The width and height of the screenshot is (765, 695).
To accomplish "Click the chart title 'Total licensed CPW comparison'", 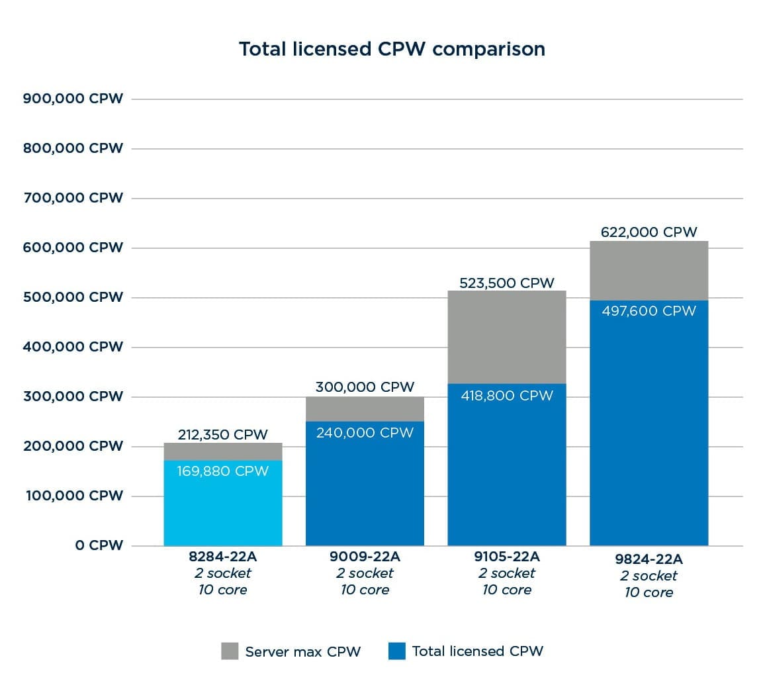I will (x=392, y=50).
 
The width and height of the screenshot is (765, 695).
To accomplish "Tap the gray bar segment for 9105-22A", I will (x=507, y=337).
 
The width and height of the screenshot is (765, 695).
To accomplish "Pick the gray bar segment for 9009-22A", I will (x=365, y=409).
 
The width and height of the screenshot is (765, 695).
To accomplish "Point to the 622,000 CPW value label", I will (x=649, y=232).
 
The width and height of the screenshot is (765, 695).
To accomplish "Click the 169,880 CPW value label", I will (x=223, y=471).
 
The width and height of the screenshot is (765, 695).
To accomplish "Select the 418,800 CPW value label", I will (x=507, y=396).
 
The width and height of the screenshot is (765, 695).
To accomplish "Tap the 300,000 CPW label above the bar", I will (x=365, y=387).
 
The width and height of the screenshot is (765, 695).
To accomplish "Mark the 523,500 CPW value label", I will (x=507, y=283).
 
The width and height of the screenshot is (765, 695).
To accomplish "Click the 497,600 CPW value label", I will (x=649, y=311).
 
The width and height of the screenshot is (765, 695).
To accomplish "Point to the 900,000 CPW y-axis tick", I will (x=73, y=99).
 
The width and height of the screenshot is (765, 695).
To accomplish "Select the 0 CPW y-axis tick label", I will (x=99, y=545).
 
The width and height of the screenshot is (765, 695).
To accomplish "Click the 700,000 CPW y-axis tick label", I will (x=73, y=198).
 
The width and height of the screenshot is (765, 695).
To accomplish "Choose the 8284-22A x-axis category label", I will (x=223, y=557).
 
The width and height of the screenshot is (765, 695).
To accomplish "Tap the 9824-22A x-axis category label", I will (x=649, y=559).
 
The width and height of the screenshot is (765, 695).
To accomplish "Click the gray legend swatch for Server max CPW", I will (x=229, y=651).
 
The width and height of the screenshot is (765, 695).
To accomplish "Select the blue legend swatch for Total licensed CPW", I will (x=397, y=651).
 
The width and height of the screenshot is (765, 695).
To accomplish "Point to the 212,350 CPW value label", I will (x=223, y=435).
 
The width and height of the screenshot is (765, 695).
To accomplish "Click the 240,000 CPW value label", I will (x=365, y=433).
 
